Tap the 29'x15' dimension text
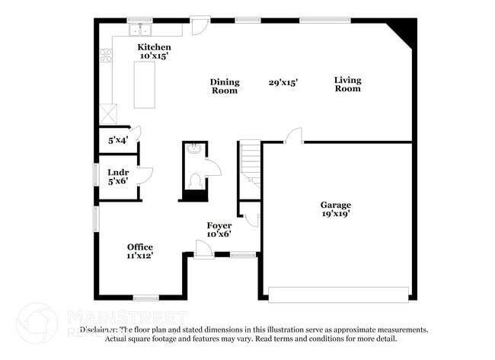[x=283, y=82]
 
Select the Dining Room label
[x=225, y=86]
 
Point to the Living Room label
[x=348, y=84]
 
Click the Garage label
[x=335, y=205]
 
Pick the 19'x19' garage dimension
[x=335, y=214]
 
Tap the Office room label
[x=140, y=247]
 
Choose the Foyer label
[x=219, y=225]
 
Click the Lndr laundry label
[x=117, y=173]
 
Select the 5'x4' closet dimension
[x=117, y=141]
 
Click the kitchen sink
[x=141, y=30]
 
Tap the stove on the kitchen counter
[x=107, y=55]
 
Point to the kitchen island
[x=144, y=84]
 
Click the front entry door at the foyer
[x=203, y=249]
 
